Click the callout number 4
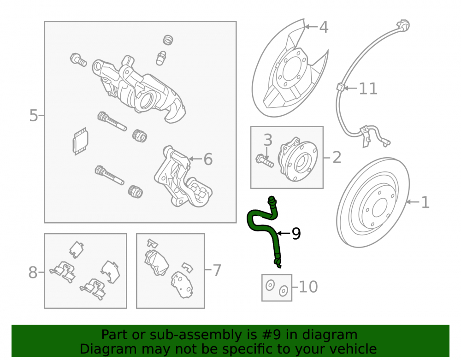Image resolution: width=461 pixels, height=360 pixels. pos(324,27)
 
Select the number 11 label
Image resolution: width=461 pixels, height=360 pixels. pos(368,89)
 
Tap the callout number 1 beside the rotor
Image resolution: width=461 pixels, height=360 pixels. pos(425,202)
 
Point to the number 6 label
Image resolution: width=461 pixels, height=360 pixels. pos(208,159)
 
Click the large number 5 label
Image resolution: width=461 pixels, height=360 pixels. pos(34,116)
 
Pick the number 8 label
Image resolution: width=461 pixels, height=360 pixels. pos(33,272)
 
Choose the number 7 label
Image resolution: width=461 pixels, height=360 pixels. pos(217,271)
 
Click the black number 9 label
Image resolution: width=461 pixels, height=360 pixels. pos(296,234)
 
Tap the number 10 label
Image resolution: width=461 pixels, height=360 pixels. pos(308,287)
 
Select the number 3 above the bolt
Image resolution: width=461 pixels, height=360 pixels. pos(267,140)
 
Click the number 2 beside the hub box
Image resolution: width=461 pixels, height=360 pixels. pos(337,158)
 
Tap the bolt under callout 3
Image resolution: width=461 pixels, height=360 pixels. pos(265,160)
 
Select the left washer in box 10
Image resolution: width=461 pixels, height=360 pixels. pos(270,285)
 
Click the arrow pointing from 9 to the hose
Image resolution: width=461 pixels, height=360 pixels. pos(284,233)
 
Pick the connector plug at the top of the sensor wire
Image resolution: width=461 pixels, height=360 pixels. pos(403,25)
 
